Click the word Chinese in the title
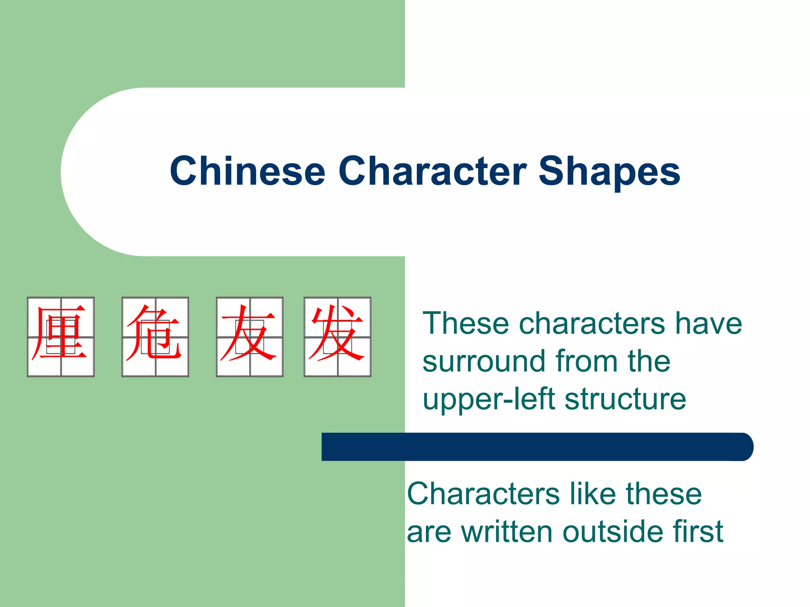(247, 171)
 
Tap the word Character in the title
(432, 171)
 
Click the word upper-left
(489, 400)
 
